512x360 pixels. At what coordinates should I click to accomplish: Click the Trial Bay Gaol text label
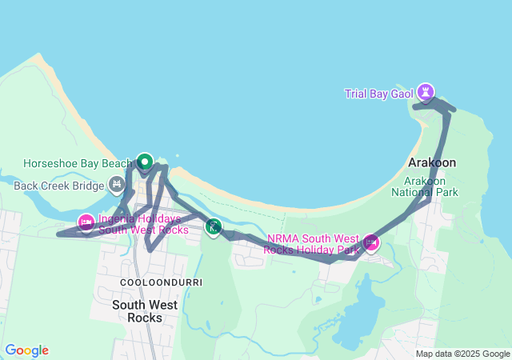(378, 94)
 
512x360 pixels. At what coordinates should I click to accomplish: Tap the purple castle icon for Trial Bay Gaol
(426, 93)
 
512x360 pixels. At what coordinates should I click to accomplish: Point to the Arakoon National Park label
(425, 186)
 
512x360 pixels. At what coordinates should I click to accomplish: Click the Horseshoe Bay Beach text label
(77, 163)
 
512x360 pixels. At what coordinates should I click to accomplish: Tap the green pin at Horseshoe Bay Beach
(145, 162)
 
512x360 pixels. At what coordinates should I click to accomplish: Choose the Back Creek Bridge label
(59, 186)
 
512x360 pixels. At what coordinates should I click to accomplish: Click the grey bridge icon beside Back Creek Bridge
(117, 186)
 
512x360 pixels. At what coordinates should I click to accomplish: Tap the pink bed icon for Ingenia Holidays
(86, 222)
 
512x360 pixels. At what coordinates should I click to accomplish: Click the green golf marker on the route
(213, 227)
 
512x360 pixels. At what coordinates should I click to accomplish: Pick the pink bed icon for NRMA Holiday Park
(371, 241)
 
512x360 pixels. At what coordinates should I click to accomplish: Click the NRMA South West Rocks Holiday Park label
(313, 244)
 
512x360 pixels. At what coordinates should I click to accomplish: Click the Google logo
(26, 350)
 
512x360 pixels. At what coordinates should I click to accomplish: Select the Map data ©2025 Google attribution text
(462, 354)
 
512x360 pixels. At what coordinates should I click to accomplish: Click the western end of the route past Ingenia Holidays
(58, 234)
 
